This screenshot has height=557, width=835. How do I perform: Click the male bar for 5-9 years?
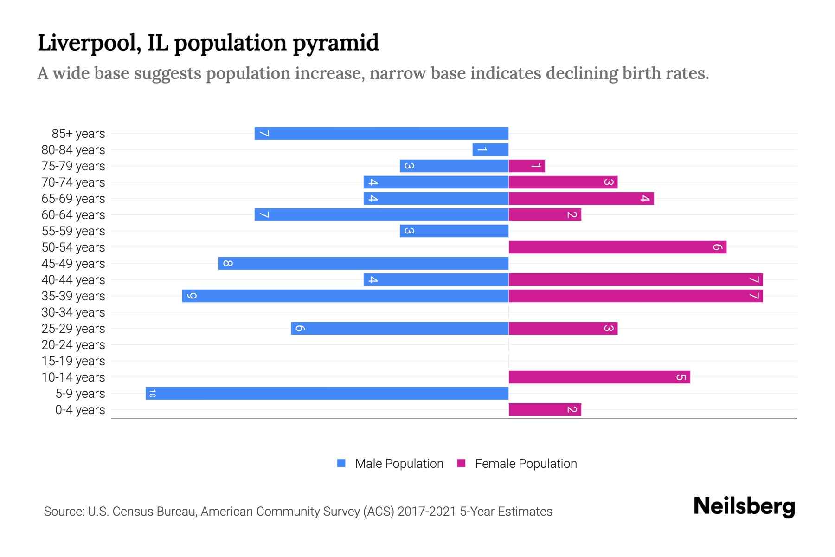pos(327,393)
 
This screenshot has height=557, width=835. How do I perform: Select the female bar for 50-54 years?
pos(617,247)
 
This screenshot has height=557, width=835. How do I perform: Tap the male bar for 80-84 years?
pos(490,149)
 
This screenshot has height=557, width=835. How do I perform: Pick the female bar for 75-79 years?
pos(527,166)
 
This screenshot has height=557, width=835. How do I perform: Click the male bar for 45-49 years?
pos(363,263)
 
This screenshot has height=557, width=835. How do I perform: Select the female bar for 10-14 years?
pos(599,377)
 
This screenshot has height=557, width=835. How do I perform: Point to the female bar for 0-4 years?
pos(545,409)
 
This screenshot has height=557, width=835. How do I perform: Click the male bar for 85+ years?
pos(381,133)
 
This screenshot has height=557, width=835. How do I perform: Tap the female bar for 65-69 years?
pos(581,198)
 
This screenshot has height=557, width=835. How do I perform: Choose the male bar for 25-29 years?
pos(399,328)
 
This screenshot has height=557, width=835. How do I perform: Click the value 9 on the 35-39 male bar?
pos(192,296)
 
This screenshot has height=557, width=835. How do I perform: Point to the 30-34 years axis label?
pos(73,312)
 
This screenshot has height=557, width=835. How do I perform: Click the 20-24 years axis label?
pos(73,345)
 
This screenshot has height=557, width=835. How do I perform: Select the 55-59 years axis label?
pos(73,231)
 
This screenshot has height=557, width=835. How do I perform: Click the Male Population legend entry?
pos(398,463)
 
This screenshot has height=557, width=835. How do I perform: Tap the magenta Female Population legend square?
pos(461,463)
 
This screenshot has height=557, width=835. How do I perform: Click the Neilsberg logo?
pos(744,506)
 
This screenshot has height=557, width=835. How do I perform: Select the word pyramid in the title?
pos(336,43)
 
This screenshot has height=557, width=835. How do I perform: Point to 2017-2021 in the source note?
pos(426,512)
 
